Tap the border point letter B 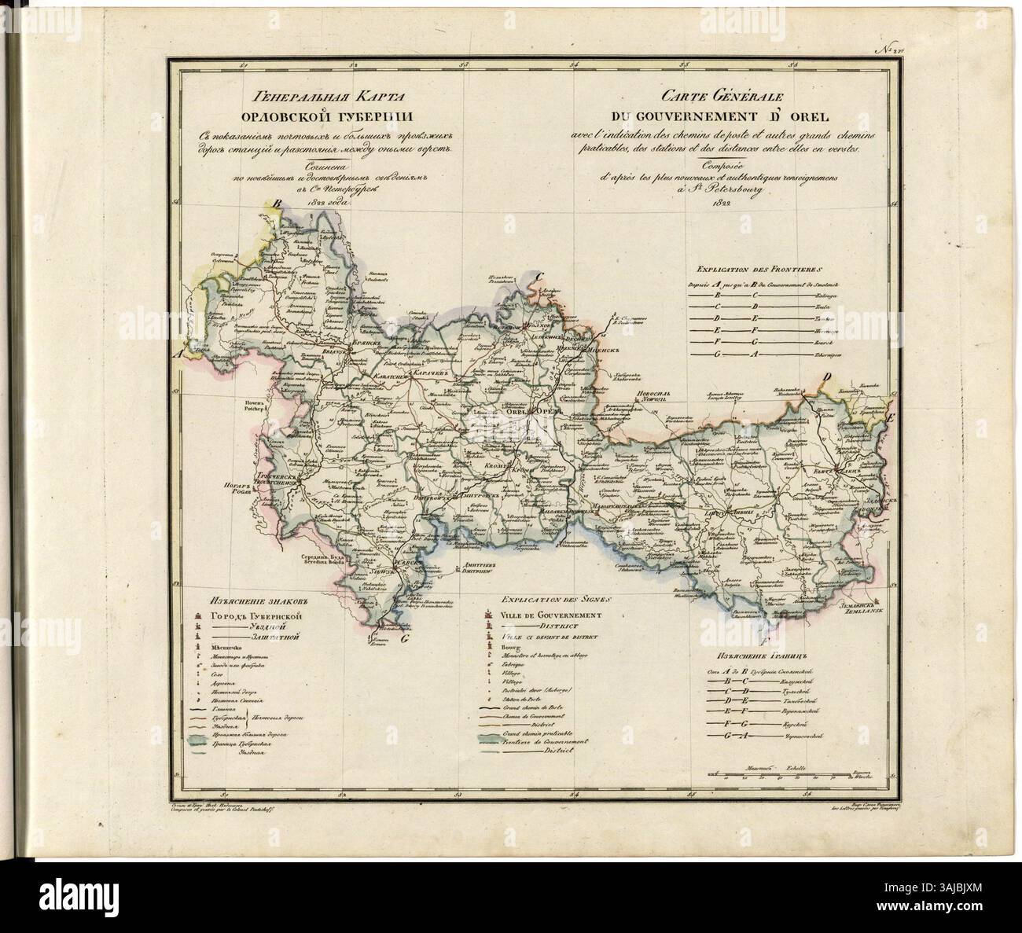point(276,204)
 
